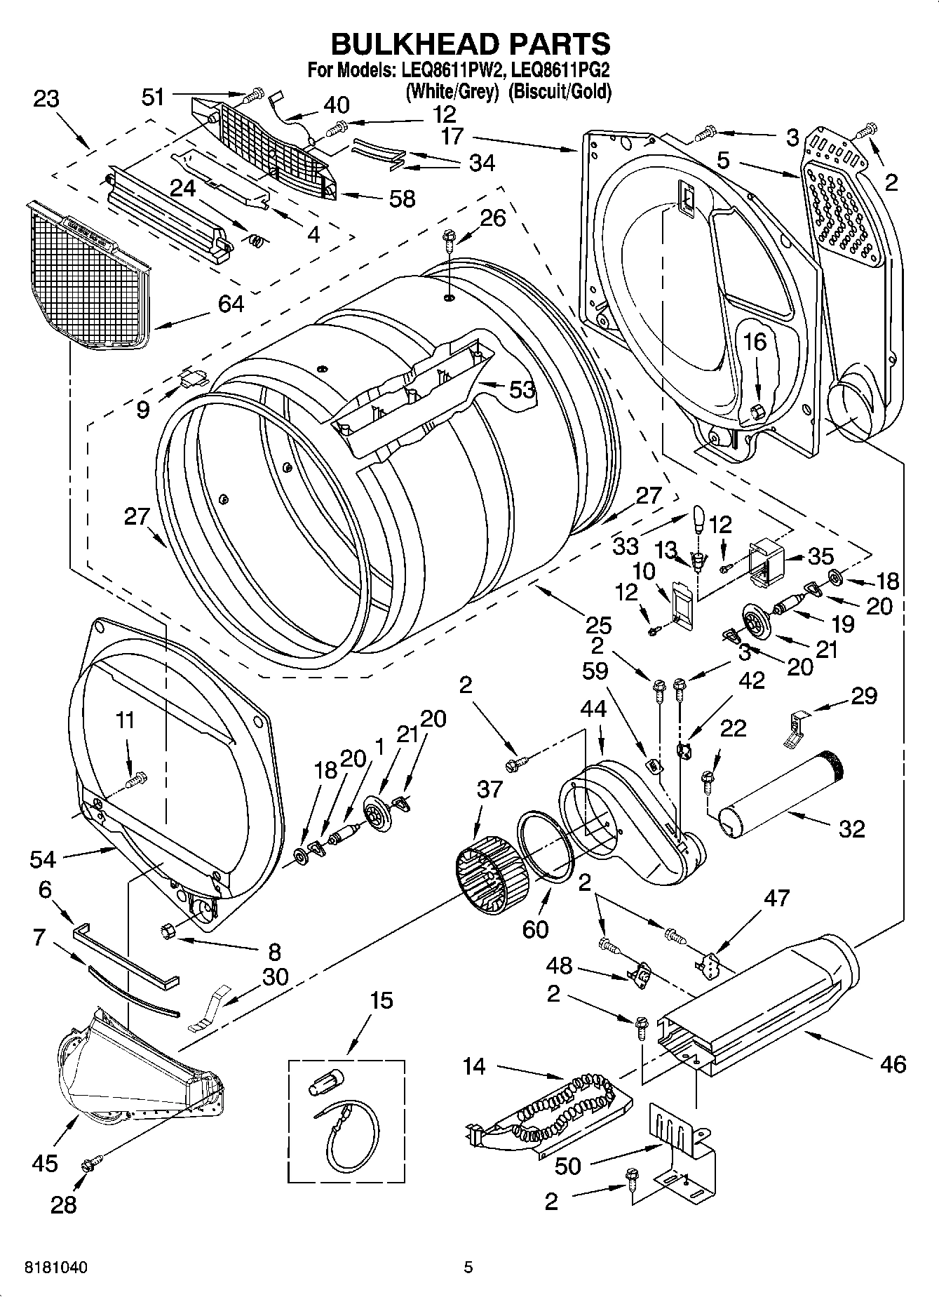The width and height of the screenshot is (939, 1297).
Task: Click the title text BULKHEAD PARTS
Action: tap(470, 43)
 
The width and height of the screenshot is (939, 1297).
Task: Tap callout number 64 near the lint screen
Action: tap(231, 304)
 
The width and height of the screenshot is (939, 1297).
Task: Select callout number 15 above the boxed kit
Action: tap(381, 1000)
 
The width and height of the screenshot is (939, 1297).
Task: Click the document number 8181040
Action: tap(56, 1268)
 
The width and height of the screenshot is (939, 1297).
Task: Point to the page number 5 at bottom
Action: tap(468, 1267)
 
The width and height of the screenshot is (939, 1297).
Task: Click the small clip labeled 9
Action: tap(191, 379)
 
